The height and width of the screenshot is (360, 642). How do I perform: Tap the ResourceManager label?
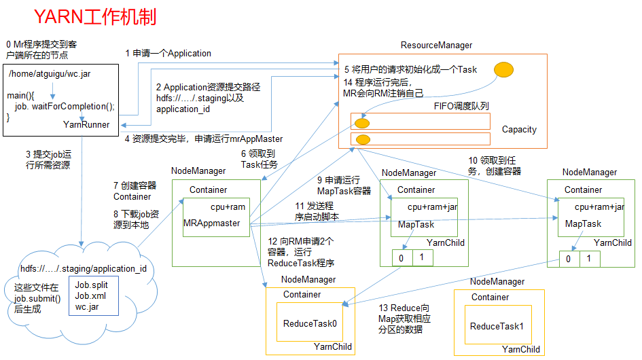click(x=436, y=46)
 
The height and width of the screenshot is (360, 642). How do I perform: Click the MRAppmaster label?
click(x=212, y=223)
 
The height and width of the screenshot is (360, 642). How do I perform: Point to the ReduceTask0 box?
click(x=310, y=323)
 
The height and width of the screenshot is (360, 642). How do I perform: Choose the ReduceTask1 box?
click(x=497, y=326)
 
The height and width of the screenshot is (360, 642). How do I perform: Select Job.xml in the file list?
click(x=90, y=295)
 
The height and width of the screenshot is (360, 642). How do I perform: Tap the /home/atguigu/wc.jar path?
click(x=50, y=74)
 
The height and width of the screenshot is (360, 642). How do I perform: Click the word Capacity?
click(x=519, y=129)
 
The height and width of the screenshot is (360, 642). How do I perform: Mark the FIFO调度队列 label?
click(x=461, y=107)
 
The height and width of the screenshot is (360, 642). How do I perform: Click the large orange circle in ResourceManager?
click(x=503, y=69)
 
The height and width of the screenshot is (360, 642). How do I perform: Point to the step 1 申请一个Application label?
click(x=168, y=53)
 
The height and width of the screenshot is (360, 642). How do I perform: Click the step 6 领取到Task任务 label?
click(x=259, y=159)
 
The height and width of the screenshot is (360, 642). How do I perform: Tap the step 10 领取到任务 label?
click(x=495, y=166)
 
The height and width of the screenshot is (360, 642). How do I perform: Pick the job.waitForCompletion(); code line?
click(x=65, y=107)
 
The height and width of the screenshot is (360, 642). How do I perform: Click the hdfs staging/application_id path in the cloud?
click(x=83, y=268)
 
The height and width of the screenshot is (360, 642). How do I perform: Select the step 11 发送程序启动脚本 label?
click(x=317, y=211)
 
